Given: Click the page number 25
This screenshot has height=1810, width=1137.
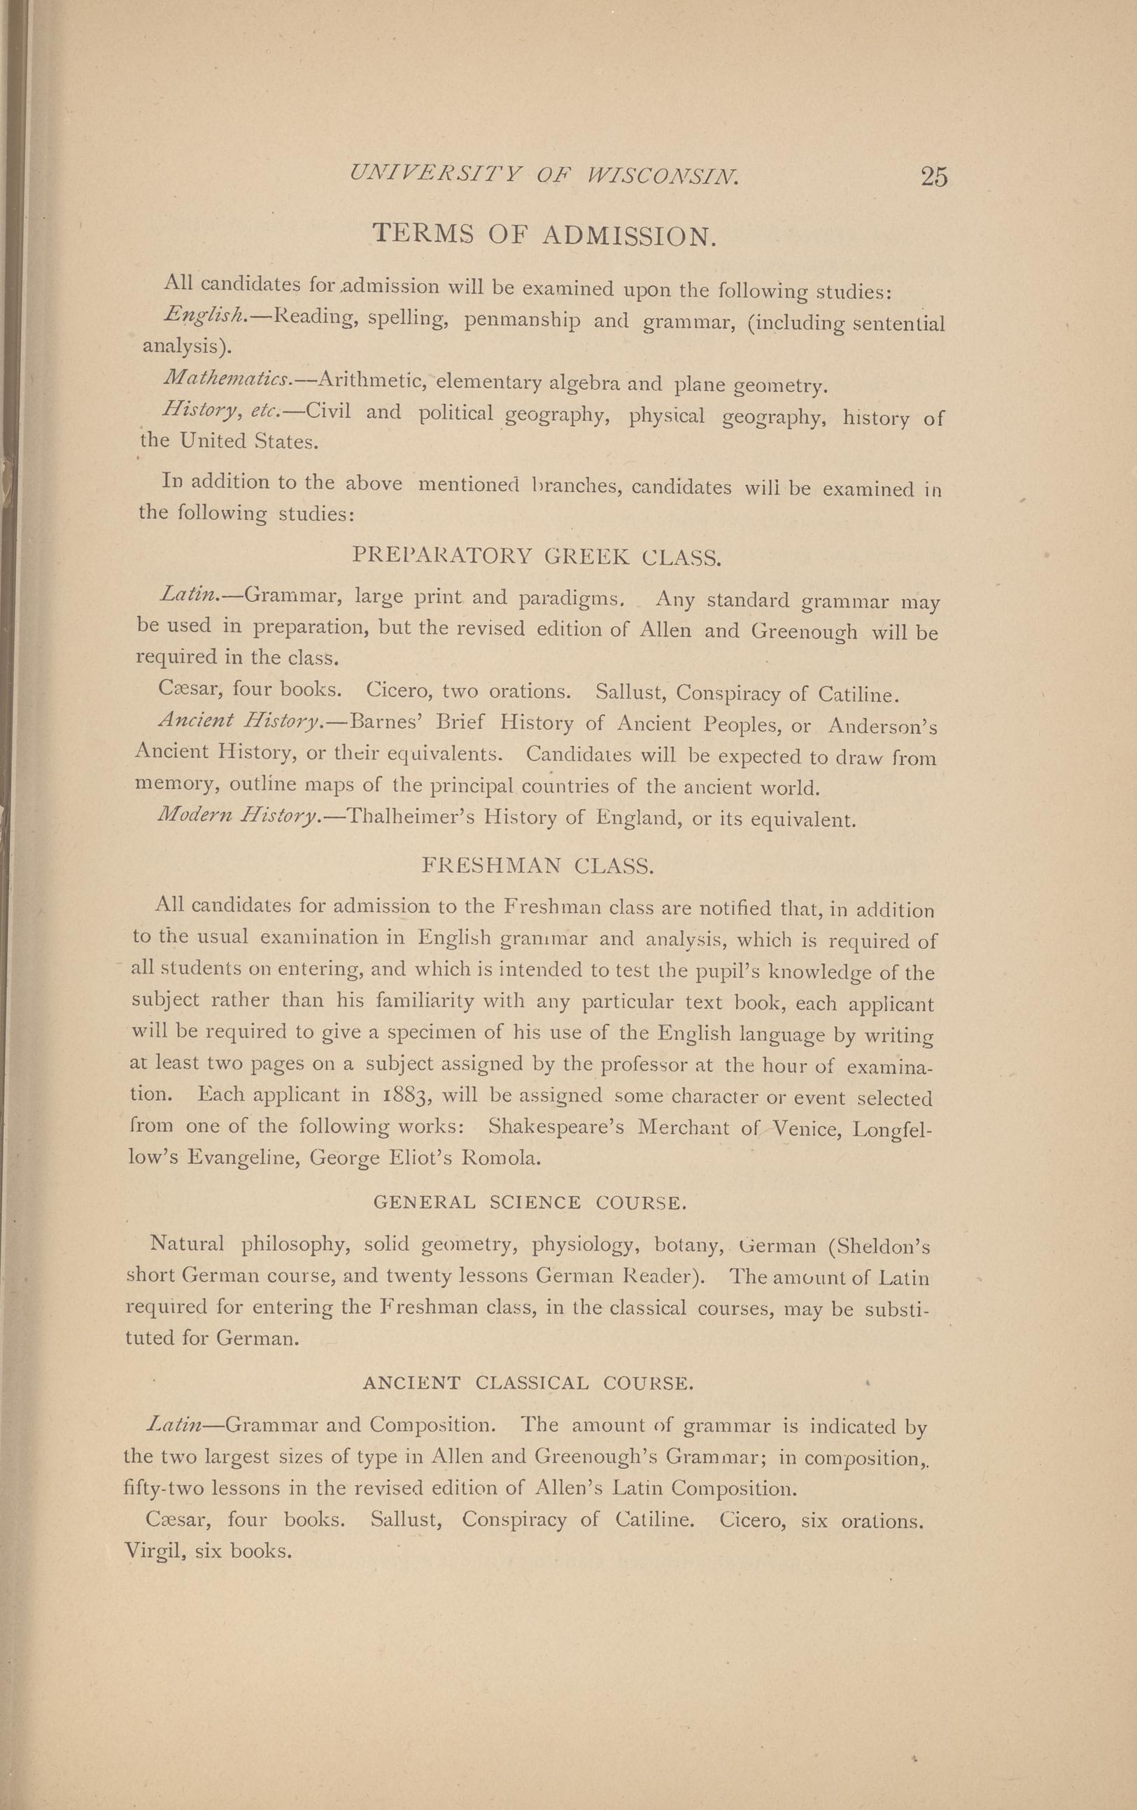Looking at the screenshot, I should tap(933, 176).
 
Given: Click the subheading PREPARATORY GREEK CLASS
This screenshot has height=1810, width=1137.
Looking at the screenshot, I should tap(537, 557).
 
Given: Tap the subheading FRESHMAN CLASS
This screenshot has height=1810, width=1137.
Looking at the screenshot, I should tap(537, 866).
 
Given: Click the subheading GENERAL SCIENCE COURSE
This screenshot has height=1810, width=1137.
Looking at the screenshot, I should tap(530, 1202).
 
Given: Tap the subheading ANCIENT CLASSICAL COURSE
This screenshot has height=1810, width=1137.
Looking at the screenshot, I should tap(528, 1383).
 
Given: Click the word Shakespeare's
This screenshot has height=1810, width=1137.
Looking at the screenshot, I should tap(556, 1128).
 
